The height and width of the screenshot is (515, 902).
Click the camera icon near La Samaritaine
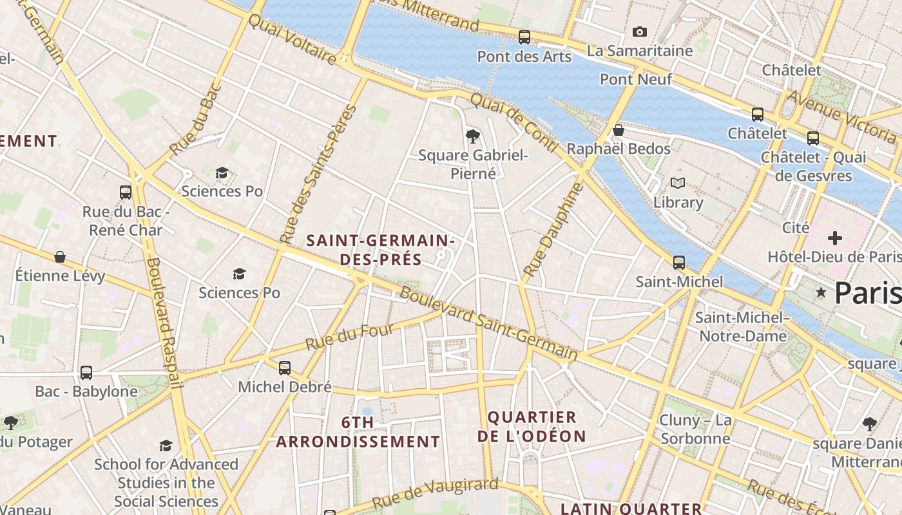click(639, 32)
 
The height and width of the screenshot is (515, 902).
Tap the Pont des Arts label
click(524, 57)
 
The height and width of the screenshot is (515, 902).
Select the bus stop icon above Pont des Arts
click(524, 37)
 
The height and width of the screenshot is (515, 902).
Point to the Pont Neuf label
click(635, 79)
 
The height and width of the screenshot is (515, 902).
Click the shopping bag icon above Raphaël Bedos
click(619, 131)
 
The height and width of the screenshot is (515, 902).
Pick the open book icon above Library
click(678, 183)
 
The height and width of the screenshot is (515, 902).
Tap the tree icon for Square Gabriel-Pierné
click(473, 136)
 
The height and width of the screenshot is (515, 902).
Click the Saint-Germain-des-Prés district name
click(380, 250)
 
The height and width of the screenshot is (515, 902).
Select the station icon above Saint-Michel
click(679, 263)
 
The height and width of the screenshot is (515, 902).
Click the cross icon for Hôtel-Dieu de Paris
click(835, 238)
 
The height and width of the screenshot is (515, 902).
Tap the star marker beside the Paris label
click(821, 292)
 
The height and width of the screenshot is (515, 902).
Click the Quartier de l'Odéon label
click(532, 426)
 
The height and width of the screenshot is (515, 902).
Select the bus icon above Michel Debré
click(285, 368)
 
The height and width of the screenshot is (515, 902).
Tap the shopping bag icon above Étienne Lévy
click(60, 257)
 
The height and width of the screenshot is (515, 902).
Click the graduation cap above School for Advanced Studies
click(166, 445)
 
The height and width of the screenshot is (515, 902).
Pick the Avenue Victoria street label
click(841, 116)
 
